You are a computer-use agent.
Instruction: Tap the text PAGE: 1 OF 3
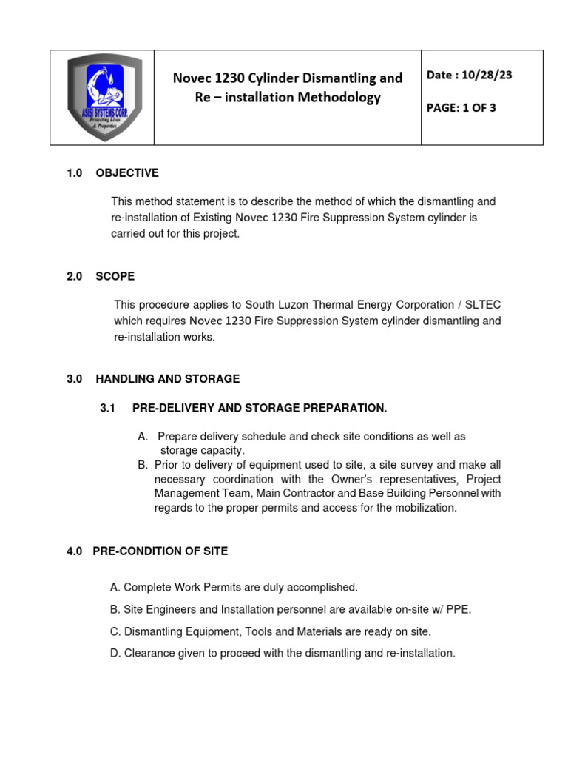[461, 108]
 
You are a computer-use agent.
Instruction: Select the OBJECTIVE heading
[127, 173]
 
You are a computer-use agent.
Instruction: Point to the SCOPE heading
[115, 276]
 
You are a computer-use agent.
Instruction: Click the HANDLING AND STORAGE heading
[168, 379]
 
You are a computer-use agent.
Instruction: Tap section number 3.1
[108, 408]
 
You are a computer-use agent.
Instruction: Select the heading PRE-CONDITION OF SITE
[160, 551]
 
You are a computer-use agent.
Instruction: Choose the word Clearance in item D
[149, 654]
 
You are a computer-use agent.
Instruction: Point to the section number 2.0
[75, 276]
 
